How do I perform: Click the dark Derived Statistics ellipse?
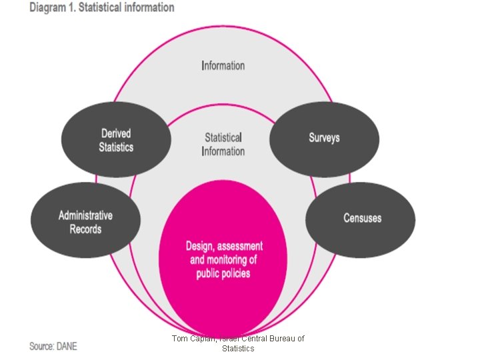point(115,140)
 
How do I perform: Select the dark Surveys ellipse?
point(324,139)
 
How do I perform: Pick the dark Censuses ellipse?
point(361,219)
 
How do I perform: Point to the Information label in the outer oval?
point(223,65)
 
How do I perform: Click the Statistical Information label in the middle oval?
point(223,144)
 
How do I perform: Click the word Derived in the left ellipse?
point(116,133)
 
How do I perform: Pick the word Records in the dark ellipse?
point(85,229)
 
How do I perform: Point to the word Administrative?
point(85,215)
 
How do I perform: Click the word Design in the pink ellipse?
point(201,246)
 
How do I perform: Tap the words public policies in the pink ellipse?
point(224,274)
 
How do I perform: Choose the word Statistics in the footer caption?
point(238,348)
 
